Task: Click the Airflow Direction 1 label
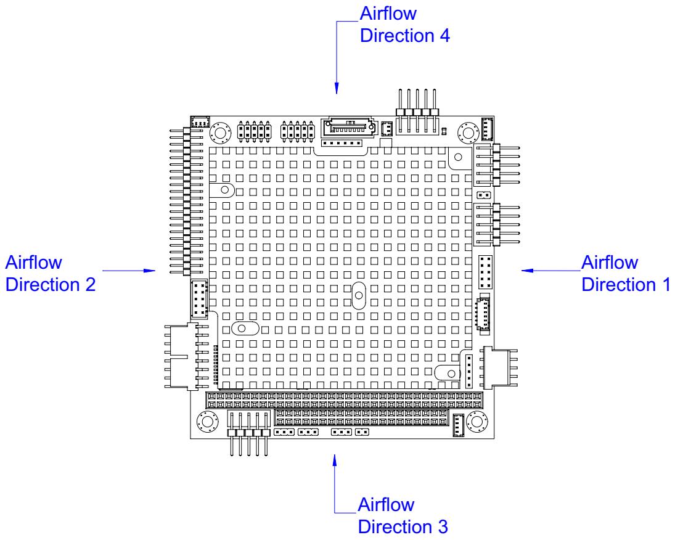pos(626,274)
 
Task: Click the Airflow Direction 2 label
pos(51,274)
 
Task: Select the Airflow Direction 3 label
pos(403,515)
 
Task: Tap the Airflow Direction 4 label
pos(404,24)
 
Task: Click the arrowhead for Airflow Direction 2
pos(149,271)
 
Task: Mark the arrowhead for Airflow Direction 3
pos(335,460)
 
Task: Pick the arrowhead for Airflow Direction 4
pos(337,88)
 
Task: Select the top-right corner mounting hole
pos(468,133)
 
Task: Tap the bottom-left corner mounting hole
pos(207,422)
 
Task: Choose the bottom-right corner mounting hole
pos(477,421)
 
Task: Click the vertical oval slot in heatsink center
pos(359,295)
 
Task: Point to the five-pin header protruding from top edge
pos(417,112)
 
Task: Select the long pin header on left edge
pos(186,201)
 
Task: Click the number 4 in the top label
pos(444,36)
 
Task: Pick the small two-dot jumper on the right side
pos(484,195)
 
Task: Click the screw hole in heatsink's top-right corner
pos(458,157)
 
